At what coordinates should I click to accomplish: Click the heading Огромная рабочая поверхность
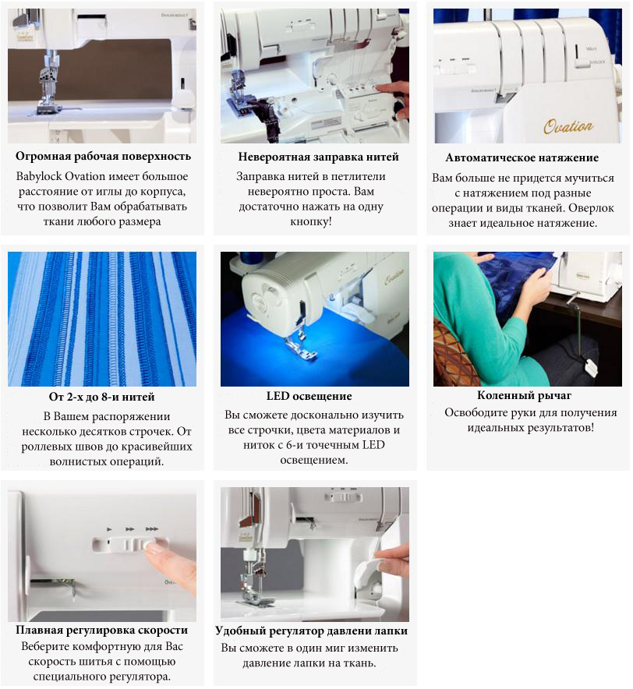[104, 157]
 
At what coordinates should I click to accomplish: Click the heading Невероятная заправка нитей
[318, 157]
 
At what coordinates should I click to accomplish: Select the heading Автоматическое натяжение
[522, 157]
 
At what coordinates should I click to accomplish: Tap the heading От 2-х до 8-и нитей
[101, 397]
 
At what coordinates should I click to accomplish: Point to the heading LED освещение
[309, 396]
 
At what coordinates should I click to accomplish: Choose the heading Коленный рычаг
[525, 395]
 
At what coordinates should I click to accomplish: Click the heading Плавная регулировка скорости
[101, 630]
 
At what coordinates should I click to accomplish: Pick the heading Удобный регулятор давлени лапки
[311, 631]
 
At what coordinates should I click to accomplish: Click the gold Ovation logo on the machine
[568, 126]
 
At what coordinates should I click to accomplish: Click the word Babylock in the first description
[39, 177]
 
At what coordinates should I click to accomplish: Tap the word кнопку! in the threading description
[311, 221]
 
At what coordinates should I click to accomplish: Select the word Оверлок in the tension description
[591, 208]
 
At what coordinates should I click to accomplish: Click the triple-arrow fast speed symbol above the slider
[152, 529]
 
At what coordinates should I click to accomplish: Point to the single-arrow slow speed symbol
[109, 529]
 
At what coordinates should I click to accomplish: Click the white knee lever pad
[590, 367]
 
